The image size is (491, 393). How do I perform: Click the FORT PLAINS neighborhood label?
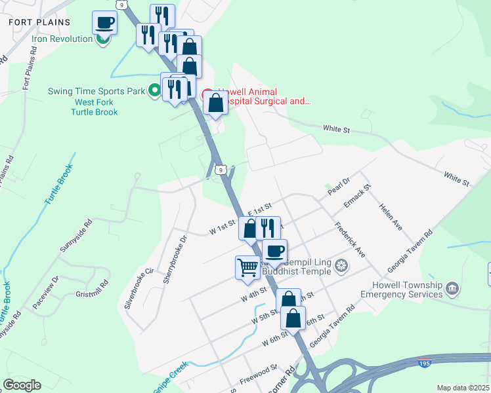click(x=39, y=22)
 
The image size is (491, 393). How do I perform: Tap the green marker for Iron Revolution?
click(x=102, y=39)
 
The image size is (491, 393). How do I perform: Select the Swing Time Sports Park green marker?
click(x=155, y=90)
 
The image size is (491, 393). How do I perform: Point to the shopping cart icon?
click(x=247, y=267)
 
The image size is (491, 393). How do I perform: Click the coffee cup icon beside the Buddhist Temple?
click(x=274, y=251)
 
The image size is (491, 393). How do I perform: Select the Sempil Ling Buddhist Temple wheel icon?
click(x=341, y=266)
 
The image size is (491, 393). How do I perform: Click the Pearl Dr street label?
click(x=339, y=187)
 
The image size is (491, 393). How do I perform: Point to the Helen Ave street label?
click(x=390, y=216)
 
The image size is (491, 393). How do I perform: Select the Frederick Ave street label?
click(x=350, y=242)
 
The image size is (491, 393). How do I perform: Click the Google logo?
click(x=22, y=385)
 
